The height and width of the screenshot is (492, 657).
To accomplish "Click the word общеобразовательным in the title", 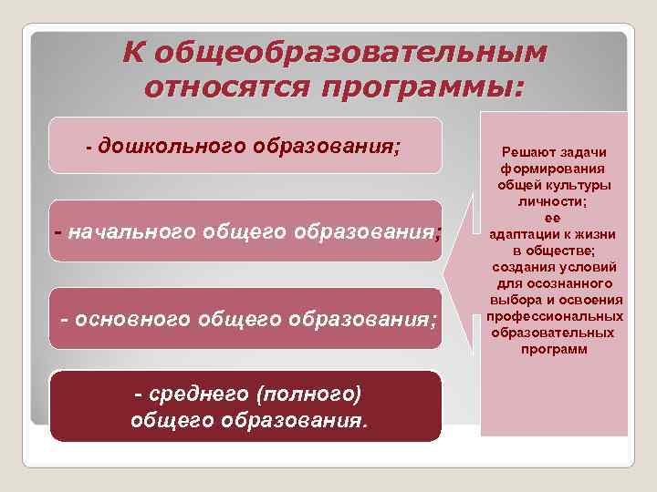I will [x=351, y=54].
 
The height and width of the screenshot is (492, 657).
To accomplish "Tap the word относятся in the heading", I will [x=227, y=89].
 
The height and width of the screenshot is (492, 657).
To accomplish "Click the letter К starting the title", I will [x=134, y=54].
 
